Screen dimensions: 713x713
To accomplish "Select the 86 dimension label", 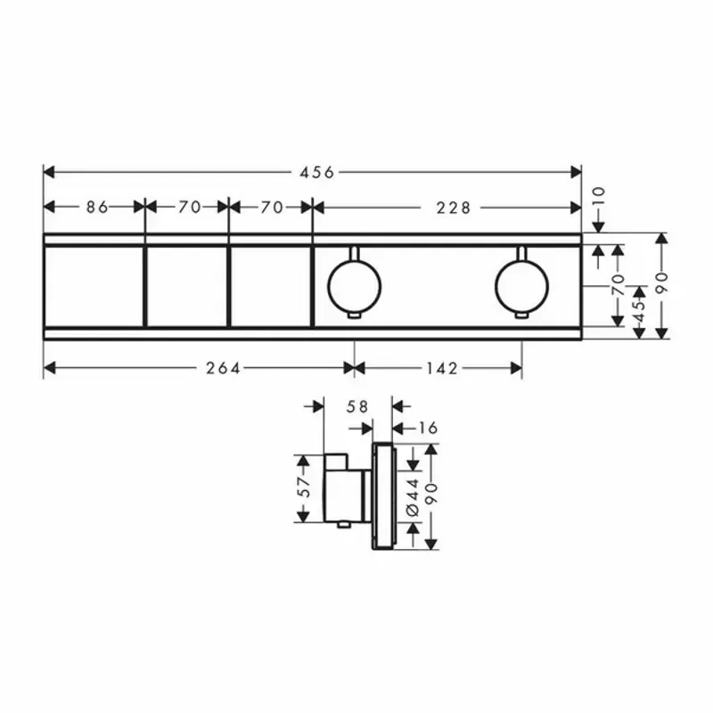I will pos(97,208).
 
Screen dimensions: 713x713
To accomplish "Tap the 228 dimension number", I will pos(455,208).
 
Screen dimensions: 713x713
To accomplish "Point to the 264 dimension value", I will pos(223,367).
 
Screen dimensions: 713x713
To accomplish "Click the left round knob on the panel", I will pos(354,284).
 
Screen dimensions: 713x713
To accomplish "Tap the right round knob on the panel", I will pos(521,284).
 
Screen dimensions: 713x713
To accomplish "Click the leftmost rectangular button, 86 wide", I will pos(94,285).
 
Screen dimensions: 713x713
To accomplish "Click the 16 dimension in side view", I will pos(429,429).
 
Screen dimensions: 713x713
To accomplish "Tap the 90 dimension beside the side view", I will pos(432,496).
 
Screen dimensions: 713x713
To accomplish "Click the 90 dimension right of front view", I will pos(661,285).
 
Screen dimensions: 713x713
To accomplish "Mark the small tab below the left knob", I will pos(354,316).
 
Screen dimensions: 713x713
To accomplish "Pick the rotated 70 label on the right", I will pos(617,285).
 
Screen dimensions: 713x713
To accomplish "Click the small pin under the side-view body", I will pos(340,527).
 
